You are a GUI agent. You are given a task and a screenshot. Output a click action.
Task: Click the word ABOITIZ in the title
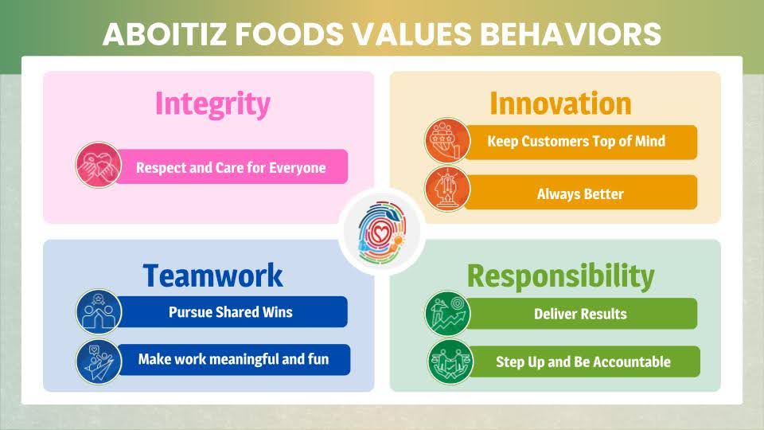pyautogui.click(x=166, y=34)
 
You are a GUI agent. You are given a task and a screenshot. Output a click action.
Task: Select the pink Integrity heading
pyautogui.click(x=212, y=104)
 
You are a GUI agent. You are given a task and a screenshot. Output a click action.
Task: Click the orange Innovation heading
pyautogui.click(x=560, y=104)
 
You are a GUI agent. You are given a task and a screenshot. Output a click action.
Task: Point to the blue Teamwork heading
pyautogui.click(x=212, y=276)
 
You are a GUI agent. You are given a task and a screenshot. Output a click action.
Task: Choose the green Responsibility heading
pyautogui.click(x=561, y=277)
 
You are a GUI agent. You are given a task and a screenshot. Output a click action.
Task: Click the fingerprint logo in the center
pyautogui.click(x=382, y=232)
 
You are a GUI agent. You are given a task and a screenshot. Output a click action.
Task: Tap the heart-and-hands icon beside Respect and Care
pyautogui.click(x=99, y=166)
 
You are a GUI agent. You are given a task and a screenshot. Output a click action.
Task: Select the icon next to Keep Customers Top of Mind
pyautogui.click(x=447, y=141)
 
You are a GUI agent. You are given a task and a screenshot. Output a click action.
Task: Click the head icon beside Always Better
pyautogui.click(x=447, y=190)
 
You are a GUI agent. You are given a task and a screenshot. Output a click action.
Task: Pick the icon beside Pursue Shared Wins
pyautogui.click(x=99, y=312)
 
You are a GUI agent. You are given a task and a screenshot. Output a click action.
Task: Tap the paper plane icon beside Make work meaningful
pyautogui.click(x=99, y=362)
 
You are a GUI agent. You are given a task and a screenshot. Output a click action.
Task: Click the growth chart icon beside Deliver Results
pyautogui.click(x=447, y=314)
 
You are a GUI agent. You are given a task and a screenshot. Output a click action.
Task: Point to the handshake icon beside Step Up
pyautogui.click(x=450, y=362)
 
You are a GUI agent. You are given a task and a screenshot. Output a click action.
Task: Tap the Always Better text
pyautogui.click(x=580, y=194)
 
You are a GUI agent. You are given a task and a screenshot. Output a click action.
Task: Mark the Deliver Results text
pyautogui.click(x=580, y=314)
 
